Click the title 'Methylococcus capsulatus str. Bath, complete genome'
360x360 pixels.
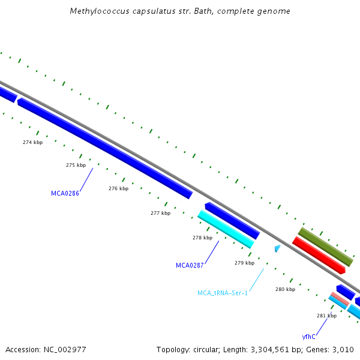pyautogui.click(x=180, y=11)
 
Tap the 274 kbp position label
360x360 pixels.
pyautogui.click(x=32, y=142)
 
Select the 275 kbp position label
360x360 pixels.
pyautogui.click(x=76, y=165)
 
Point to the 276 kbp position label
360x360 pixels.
pyautogui.click(x=118, y=188)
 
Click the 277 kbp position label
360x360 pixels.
pyautogui.click(x=160, y=213)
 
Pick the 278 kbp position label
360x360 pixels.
pyautogui.click(x=202, y=238)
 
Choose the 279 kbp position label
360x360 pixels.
pyautogui.click(x=244, y=263)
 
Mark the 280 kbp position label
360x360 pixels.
pyautogui.click(x=285, y=289)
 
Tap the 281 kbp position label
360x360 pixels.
pyautogui.click(x=326, y=316)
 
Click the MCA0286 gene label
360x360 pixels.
pyautogui.click(x=65, y=193)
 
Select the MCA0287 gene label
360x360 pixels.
pyautogui.click(x=190, y=265)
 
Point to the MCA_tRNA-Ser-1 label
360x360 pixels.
pyautogui.click(x=223, y=293)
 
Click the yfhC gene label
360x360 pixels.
pyautogui.click(x=309, y=337)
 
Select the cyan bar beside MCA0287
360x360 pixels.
pyautogui.click(x=226, y=229)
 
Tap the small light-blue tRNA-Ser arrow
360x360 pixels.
pyautogui.click(x=277, y=248)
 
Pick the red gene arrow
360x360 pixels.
pyautogui.click(x=319, y=255)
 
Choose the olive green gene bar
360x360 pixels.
pyautogui.click(x=326, y=247)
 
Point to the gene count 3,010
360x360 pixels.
pyautogui.click(x=342, y=349)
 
